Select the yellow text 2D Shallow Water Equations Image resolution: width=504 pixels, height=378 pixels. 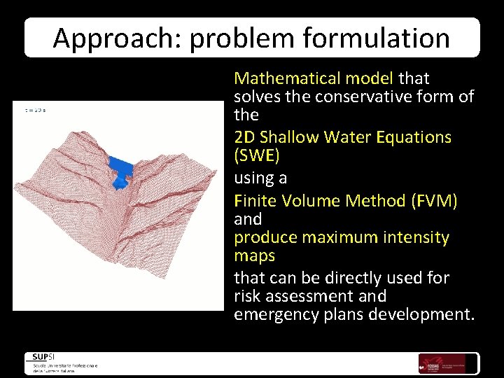click(x=342, y=136)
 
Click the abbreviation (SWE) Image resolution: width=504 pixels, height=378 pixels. click(x=257, y=155)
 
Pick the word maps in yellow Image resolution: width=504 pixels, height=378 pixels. click(x=254, y=255)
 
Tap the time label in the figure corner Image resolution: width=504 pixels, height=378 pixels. click(x=36, y=109)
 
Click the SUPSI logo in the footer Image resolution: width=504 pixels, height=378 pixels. click(x=43, y=357)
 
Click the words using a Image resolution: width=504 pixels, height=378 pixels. click(x=260, y=178)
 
